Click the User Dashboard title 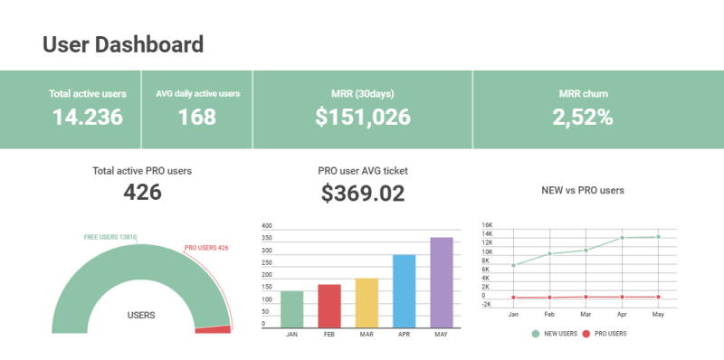click(123, 44)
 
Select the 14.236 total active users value click(87, 117)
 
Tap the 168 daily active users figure click(196, 117)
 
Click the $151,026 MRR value click(362, 117)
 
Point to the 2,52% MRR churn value click(583, 117)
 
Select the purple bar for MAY click(441, 282)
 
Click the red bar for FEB click(329, 306)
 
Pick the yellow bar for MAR click(367, 302)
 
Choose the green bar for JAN click(292, 308)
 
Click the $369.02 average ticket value click(362, 193)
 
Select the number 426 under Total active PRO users click(142, 192)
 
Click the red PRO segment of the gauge click(214, 329)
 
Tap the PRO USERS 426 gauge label click(206, 248)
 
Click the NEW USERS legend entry click(556, 334)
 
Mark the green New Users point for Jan click(513, 265)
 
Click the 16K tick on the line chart click(487, 224)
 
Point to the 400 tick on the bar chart click(266, 225)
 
